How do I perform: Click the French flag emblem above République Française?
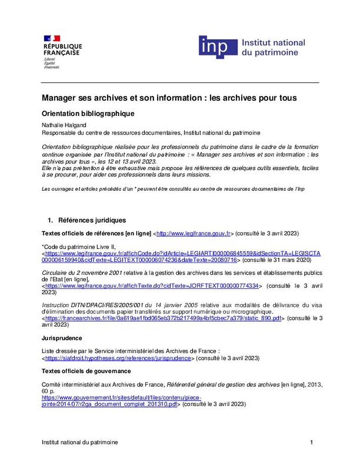pos(52,38)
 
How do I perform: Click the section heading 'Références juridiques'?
pos(92,220)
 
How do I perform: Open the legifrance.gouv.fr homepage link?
pos(193,233)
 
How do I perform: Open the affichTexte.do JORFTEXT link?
pos(152,286)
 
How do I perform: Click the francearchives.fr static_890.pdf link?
pos(163,318)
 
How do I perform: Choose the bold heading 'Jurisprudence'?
pos(62,339)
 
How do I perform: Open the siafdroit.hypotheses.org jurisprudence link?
pos(118,358)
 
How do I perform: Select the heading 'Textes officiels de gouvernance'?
pos(86,371)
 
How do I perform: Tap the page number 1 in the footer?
pos(311,442)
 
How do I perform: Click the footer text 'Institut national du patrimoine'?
pos(80,442)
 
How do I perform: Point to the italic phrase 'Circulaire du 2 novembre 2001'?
pos(82,273)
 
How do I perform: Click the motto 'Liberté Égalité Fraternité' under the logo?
pos(51,63)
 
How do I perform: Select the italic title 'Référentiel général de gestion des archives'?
pos(223,385)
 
